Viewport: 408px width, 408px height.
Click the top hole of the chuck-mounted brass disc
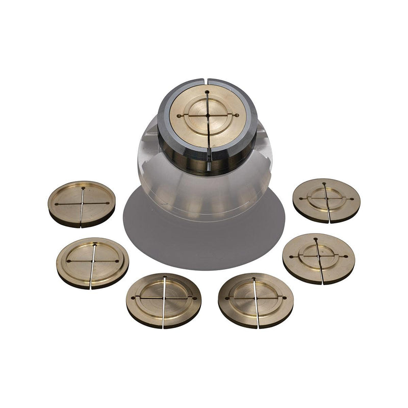point(208,92)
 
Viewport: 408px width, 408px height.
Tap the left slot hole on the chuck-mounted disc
point(179,116)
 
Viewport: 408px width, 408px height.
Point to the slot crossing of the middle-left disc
point(94,261)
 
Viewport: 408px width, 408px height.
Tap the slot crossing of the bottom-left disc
point(165,297)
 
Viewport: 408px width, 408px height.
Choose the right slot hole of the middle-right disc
point(347,256)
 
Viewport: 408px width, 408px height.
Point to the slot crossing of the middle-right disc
point(318,256)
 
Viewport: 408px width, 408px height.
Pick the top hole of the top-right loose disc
point(324,183)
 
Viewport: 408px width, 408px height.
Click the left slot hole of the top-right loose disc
point(300,198)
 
